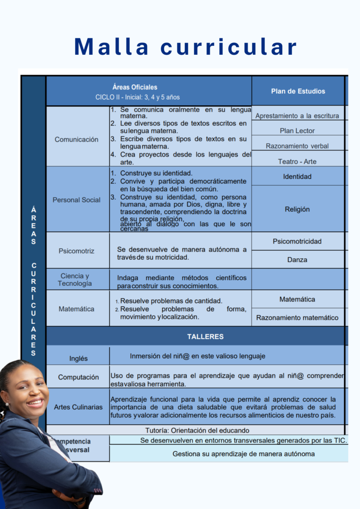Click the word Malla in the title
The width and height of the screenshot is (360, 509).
pyautogui.click(x=112, y=47)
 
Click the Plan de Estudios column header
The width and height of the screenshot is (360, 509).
pyautogui.click(x=298, y=91)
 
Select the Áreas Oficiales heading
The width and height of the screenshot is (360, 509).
pyautogui.click(x=135, y=87)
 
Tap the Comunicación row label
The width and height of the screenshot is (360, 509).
pyautogui.click(x=76, y=139)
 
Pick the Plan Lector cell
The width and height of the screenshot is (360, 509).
pyautogui.click(x=297, y=131)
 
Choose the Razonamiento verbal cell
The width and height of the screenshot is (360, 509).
pyautogui.click(x=297, y=146)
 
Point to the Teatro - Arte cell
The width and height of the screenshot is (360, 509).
pyautogui.click(x=297, y=162)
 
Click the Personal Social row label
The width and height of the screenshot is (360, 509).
pyautogui.click(x=76, y=200)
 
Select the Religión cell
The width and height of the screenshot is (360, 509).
pyautogui.click(x=297, y=209)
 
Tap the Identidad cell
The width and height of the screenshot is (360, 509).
pyautogui.click(x=297, y=177)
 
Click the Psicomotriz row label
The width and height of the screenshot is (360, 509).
pyautogui.click(x=76, y=251)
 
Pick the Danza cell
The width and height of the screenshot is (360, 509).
pyautogui.click(x=297, y=260)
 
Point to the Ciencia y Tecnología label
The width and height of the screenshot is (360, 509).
pyautogui.click(x=75, y=280)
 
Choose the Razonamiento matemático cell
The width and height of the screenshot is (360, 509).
pyautogui.click(x=297, y=318)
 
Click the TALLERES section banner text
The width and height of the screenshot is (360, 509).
pyautogui.click(x=205, y=337)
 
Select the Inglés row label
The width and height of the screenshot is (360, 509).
pyautogui.click(x=78, y=359)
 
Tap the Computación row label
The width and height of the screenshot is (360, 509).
pyautogui.click(x=78, y=377)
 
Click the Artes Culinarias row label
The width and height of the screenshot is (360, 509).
pyautogui.click(x=78, y=407)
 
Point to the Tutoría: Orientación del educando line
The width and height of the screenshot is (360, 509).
pyautogui.click(x=197, y=430)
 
